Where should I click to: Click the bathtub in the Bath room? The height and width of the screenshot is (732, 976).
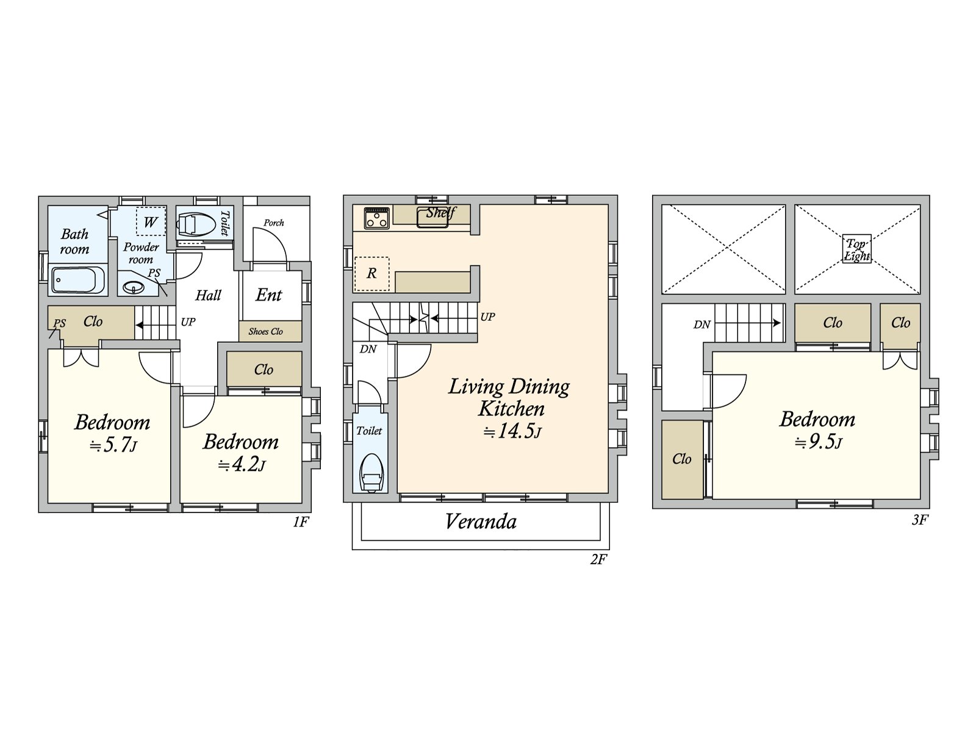[x=78, y=280]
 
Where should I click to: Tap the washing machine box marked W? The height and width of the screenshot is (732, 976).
[x=151, y=221]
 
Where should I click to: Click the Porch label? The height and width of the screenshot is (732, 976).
[x=273, y=223]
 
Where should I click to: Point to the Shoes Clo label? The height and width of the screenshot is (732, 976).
[x=265, y=332]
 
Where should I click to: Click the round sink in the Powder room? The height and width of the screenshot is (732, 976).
[x=132, y=288]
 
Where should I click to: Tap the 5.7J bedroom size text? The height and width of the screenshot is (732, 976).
[x=113, y=445]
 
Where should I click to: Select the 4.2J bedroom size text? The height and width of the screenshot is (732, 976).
[x=242, y=465]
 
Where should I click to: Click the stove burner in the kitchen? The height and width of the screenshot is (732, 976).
[x=376, y=218]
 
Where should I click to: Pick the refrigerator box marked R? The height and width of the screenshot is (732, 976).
[x=371, y=274]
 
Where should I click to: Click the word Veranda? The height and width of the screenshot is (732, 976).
[x=481, y=522]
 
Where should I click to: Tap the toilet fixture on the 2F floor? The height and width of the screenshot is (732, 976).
[x=371, y=473]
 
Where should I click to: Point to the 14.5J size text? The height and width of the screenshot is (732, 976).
[x=512, y=431]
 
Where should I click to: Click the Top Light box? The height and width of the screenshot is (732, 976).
[x=857, y=249]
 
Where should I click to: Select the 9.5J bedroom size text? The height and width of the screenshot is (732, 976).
[x=818, y=443]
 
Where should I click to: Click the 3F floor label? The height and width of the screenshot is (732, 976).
[x=919, y=520]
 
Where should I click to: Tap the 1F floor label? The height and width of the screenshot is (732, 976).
[x=301, y=522]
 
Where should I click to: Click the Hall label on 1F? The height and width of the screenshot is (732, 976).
[x=208, y=295]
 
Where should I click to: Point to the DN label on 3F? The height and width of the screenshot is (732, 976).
[x=701, y=325]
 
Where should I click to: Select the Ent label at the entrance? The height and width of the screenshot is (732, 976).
[x=268, y=295]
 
